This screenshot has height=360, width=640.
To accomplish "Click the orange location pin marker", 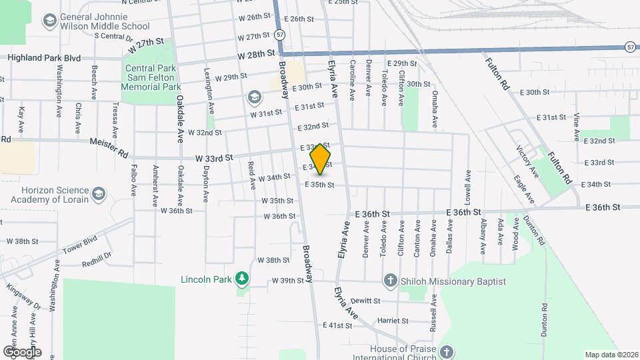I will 321,159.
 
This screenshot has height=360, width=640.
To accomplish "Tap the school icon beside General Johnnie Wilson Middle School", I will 49,21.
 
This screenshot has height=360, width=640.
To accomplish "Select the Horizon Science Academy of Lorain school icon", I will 99,194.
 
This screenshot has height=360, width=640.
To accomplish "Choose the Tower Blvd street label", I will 81,243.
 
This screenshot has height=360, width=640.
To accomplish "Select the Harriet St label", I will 392,321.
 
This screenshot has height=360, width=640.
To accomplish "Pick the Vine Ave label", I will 577,126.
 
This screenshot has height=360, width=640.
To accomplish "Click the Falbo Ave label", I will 134,180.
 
